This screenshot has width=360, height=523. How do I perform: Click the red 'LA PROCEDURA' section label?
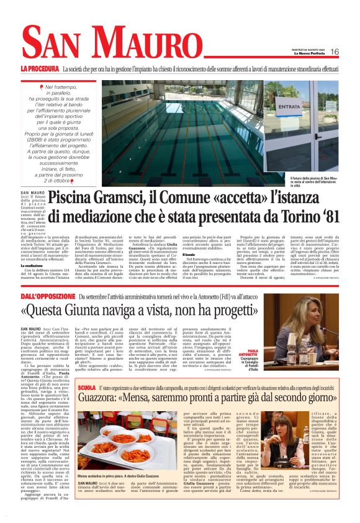39,68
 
